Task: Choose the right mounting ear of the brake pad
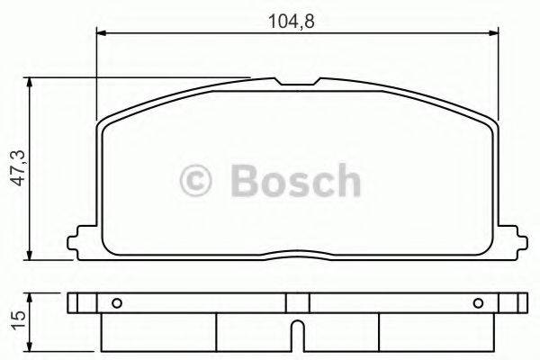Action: tap(513, 240)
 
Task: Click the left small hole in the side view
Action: tap(114, 302)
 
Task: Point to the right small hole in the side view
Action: tap(478, 302)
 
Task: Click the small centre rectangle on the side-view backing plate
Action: tap(297, 302)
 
